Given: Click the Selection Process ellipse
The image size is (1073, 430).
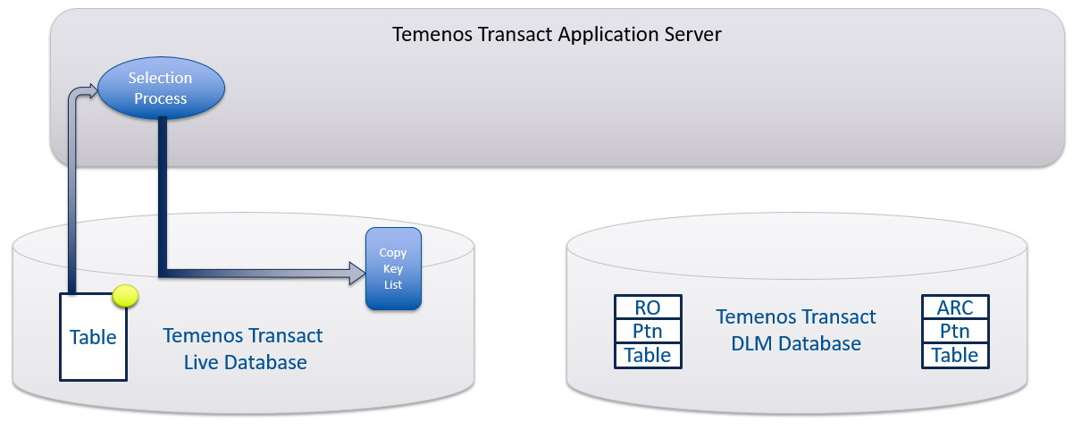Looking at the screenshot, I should (x=161, y=89).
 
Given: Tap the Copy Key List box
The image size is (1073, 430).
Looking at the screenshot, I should (x=393, y=269).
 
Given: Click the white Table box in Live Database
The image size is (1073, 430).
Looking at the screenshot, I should (x=94, y=338).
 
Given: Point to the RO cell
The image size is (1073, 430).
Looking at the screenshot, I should (x=648, y=308).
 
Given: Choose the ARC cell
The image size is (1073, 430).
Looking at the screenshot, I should (x=955, y=308).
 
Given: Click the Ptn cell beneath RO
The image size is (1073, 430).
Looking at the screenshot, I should (x=648, y=332).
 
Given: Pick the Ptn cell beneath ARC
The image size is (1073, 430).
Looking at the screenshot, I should (x=955, y=332).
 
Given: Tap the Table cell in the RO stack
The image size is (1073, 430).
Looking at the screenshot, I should (x=648, y=355).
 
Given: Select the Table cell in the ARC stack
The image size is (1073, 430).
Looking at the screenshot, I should (x=955, y=355).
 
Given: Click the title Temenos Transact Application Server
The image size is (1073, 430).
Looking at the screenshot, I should (x=557, y=35).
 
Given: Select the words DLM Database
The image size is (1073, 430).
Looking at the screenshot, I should (x=796, y=343).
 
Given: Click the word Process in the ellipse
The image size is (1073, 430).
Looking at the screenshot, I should (x=161, y=98).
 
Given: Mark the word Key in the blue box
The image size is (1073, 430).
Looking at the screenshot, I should (x=393, y=269).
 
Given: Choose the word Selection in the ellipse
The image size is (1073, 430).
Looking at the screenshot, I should (x=161, y=79).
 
